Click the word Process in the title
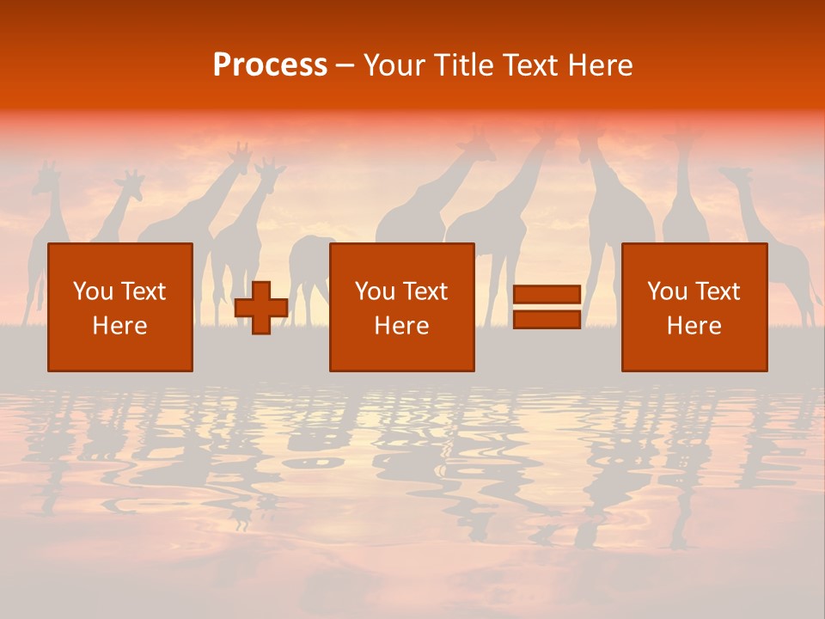pyautogui.click(x=270, y=65)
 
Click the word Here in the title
pyautogui.click(x=602, y=65)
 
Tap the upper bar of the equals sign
pyautogui.click(x=547, y=295)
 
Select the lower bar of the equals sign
pyautogui.click(x=547, y=319)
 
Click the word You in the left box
pyautogui.click(x=93, y=291)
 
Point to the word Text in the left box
pyautogui.click(x=143, y=291)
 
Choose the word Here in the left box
pyautogui.click(x=119, y=326)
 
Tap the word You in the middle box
pyautogui.click(x=375, y=291)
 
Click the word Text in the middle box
pyautogui.click(x=425, y=291)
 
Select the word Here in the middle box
pyautogui.click(x=401, y=326)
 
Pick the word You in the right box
pyautogui.click(x=667, y=291)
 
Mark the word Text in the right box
pyautogui.click(x=717, y=291)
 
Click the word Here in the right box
pyautogui.click(x=694, y=326)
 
